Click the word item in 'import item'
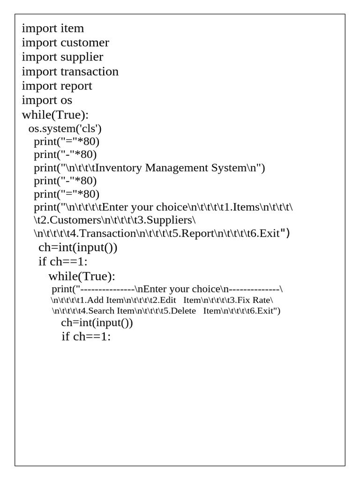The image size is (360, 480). [72, 29]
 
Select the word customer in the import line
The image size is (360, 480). [84, 43]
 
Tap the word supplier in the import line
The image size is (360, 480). [82, 57]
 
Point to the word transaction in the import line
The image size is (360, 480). [89, 72]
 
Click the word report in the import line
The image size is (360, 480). [76, 86]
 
